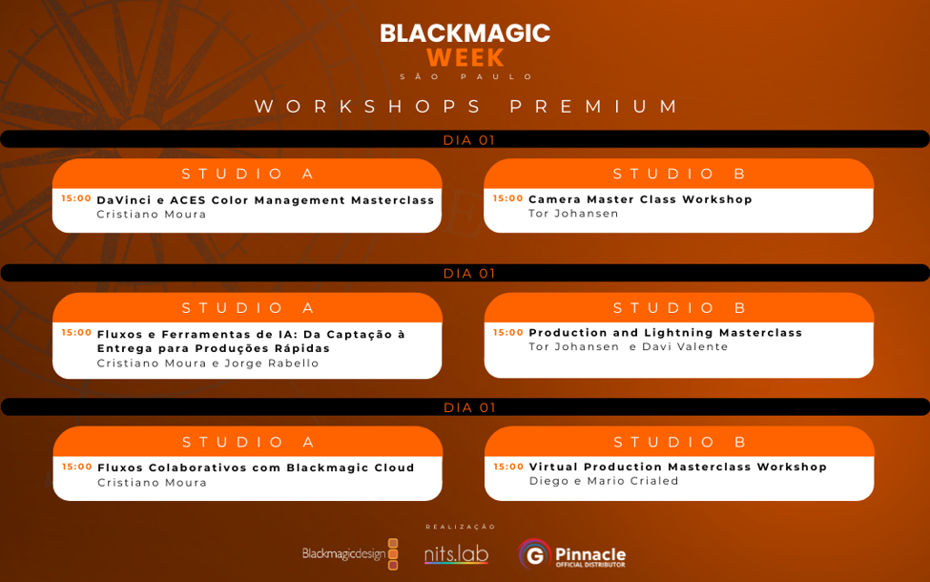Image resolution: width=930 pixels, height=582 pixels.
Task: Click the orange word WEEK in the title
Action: tap(465, 58)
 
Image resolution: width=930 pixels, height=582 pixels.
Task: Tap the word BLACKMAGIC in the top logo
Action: tap(465, 33)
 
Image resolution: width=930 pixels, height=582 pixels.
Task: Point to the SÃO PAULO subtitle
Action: tap(466, 76)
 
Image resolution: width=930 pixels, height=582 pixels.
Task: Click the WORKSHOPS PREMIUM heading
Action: tap(466, 106)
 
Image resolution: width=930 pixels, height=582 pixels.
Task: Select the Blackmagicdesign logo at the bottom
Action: tap(350, 554)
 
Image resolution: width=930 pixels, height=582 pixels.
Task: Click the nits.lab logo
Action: tap(456, 554)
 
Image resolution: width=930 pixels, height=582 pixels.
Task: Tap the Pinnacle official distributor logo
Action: tap(571, 554)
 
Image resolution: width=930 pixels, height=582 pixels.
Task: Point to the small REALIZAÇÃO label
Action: tap(461, 527)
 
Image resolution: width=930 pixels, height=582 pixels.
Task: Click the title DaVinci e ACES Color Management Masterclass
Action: tap(265, 200)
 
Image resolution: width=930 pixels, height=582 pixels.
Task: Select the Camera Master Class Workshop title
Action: tap(641, 199)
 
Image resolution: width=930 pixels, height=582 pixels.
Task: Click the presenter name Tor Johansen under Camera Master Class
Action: tap(573, 214)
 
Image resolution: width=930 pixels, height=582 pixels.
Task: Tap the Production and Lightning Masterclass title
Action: tap(666, 333)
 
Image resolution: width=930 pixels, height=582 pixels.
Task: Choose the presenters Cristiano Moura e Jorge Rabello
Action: tap(208, 364)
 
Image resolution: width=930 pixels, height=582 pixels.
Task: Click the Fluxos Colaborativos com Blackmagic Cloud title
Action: tap(256, 468)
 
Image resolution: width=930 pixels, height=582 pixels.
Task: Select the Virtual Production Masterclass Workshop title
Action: tap(678, 467)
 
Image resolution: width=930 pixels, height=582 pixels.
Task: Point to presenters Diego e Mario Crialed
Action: tap(604, 481)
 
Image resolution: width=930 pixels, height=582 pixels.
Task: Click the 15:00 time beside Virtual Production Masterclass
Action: tap(508, 467)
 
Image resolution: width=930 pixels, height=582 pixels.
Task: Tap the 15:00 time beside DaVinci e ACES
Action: tap(76, 198)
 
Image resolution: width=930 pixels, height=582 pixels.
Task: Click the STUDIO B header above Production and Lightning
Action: tap(679, 308)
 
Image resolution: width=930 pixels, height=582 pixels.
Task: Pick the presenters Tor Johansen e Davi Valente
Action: tap(628, 347)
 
